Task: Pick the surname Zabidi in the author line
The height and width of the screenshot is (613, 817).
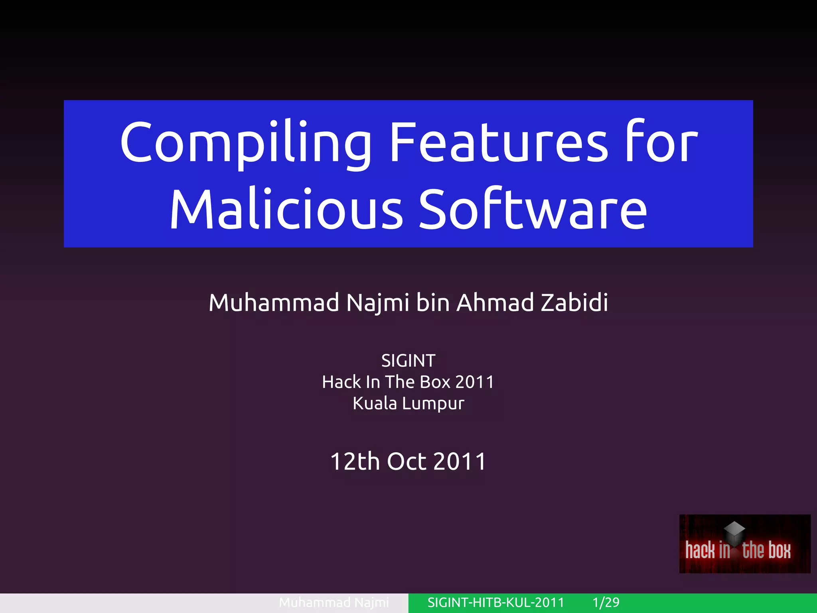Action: [x=574, y=302]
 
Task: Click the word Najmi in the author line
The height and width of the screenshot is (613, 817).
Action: [x=378, y=303]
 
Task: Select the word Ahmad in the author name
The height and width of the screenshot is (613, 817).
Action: [x=495, y=302]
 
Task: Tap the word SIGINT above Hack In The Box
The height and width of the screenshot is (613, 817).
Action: [x=408, y=361]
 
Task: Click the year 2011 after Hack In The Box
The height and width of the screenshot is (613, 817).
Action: [x=474, y=382]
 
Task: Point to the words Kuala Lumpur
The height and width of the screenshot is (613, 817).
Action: [x=408, y=403]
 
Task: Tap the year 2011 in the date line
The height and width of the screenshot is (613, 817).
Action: [x=460, y=461]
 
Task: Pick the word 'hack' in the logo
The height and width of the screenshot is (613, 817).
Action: [x=700, y=550]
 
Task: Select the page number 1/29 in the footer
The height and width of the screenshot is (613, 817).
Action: [x=606, y=602]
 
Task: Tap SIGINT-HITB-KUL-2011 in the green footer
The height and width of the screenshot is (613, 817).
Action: [x=495, y=602]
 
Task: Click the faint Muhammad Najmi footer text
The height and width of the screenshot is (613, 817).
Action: [x=334, y=602]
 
